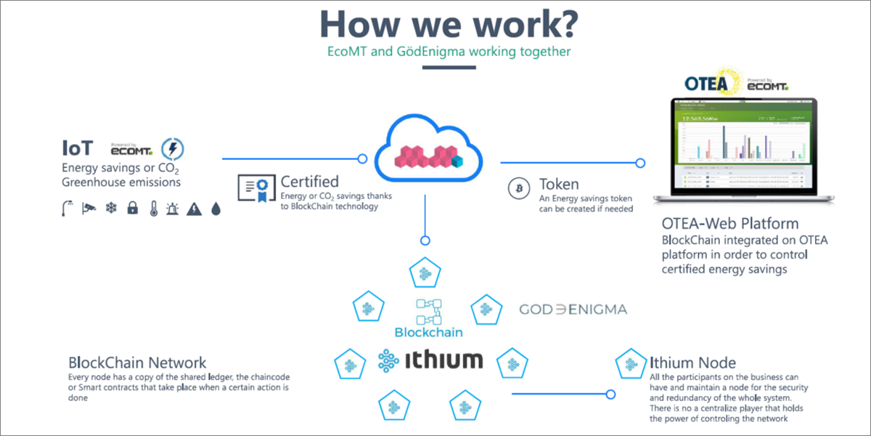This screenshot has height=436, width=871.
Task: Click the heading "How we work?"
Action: (449, 24)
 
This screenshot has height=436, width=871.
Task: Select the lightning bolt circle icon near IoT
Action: (172, 149)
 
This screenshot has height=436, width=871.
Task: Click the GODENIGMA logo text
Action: (573, 310)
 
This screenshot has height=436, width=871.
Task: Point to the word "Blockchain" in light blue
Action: (428, 333)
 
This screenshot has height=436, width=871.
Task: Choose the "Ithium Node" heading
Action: (692, 362)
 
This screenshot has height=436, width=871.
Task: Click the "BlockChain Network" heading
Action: (137, 363)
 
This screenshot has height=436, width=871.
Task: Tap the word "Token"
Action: (559, 184)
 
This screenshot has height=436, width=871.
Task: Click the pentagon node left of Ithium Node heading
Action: (628, 363)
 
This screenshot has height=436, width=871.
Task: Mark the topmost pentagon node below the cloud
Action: (425, 274)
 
